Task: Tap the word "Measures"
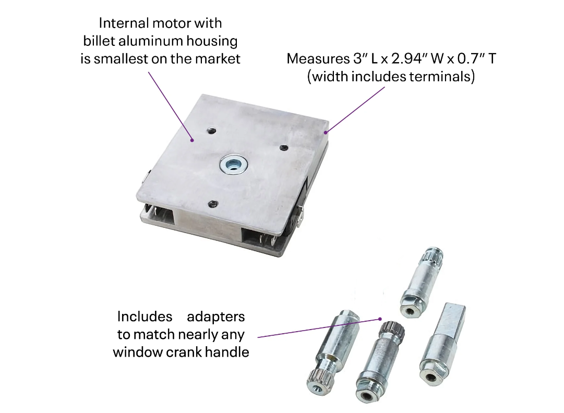(318, 58)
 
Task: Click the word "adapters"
(216, 317)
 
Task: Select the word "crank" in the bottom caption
(184, 353)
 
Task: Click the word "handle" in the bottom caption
(227, 353)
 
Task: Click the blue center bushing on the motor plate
(233, 166)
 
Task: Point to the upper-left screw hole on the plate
(212, 130)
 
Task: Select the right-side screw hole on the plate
(284, 147)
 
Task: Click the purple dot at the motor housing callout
(193, 140)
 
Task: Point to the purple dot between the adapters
(380, 319)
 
